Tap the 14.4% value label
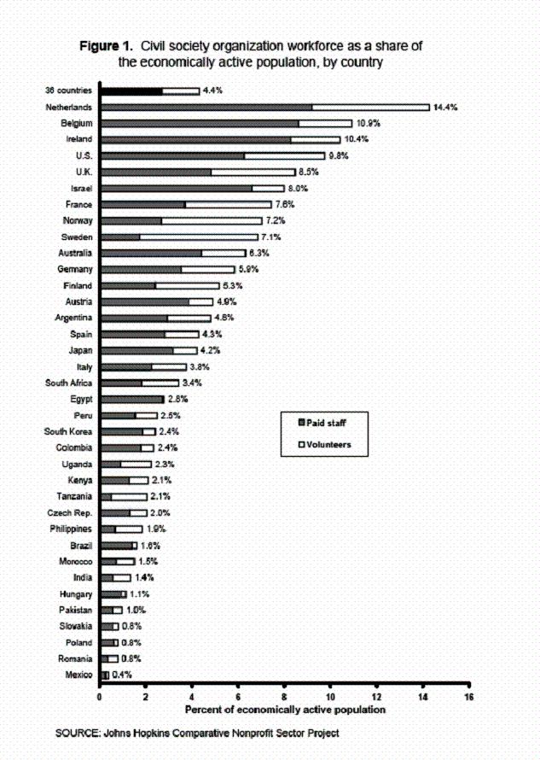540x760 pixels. pos(446,107)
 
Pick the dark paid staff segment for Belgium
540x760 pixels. pos(200,123)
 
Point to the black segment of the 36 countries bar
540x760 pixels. pos(131,91)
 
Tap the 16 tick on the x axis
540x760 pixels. pos(467,697)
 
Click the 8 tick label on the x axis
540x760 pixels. pos(284,697)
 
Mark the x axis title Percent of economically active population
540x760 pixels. pos(285,710)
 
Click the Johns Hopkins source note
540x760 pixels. pos(197,733)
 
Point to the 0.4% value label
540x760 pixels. pos(122,675)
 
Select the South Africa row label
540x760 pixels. pos(69,383)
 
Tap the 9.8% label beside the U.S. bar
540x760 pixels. pos(338,155)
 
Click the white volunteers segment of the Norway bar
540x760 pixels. pos(212,220)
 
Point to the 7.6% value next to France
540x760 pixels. pos(284,204)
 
